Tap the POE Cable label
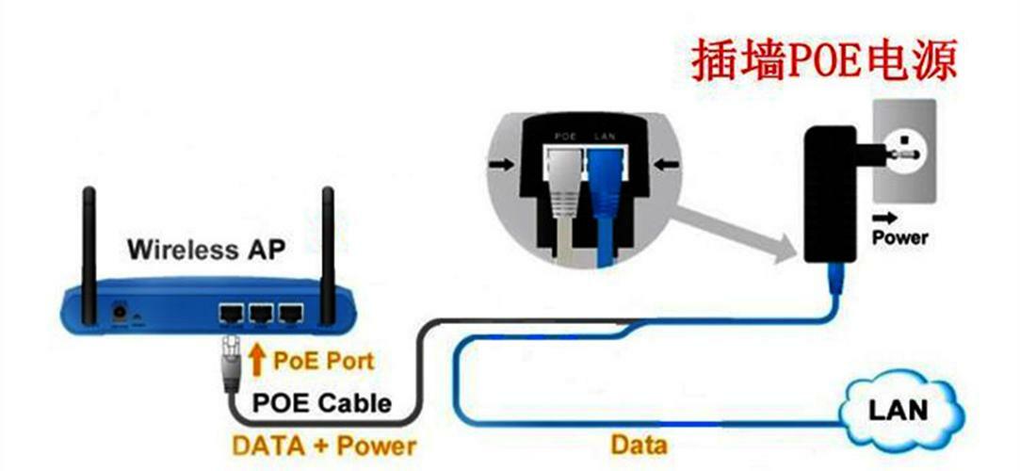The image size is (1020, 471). click(x=321, y=403)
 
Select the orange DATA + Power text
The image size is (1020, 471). click(x=323, y=443)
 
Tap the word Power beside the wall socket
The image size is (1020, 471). click(x=899, y=237)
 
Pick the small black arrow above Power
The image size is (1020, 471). click(x=881, y=216)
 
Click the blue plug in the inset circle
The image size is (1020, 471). click(x=603, y=193)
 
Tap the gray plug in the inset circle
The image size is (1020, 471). click(x=565, y=193)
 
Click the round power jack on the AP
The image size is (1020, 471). click(x=121, y=310)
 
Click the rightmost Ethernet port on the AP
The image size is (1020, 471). click(x=293, y=312)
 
